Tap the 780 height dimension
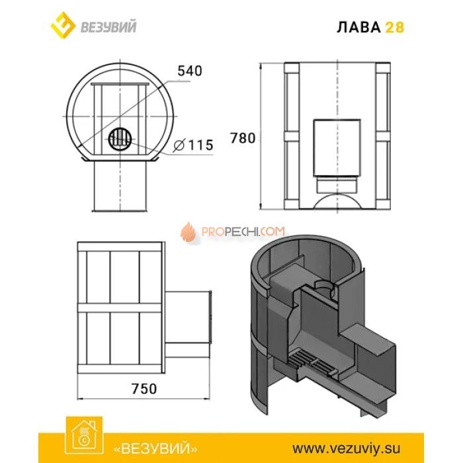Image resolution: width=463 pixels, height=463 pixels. [242, 139]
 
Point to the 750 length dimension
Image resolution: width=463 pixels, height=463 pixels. [144, 389]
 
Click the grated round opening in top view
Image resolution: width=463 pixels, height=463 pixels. [120, 139]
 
